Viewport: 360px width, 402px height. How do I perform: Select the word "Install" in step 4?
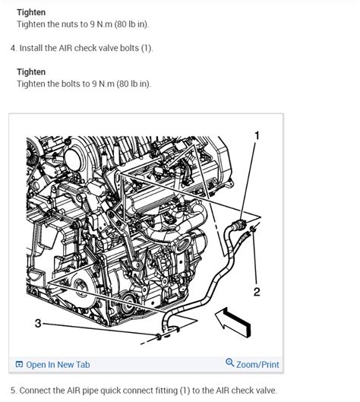(x=34, y=49)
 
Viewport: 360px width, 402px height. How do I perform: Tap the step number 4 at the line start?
(x=13, y=49)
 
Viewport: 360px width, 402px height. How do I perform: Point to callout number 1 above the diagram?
(x=257, y=135)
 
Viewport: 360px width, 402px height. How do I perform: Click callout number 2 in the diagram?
(x=257, y=291)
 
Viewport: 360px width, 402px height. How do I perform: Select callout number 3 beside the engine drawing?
(x=38, y=324)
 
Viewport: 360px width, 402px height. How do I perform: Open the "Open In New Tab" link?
(x=58, y=365)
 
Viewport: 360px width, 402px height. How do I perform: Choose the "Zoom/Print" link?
(x=257, y=365)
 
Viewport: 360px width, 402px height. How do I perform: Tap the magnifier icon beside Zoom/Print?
(x=230, y=364)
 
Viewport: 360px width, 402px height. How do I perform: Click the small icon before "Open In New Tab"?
(x=19, y=365)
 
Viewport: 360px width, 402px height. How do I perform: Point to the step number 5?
(x=13, y=390)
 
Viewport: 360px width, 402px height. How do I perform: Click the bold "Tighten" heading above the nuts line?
(x=31, y=12)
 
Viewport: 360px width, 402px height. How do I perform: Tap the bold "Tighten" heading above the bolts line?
(x=31, y=72)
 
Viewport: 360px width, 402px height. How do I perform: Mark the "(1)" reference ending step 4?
(x=146, y=49)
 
